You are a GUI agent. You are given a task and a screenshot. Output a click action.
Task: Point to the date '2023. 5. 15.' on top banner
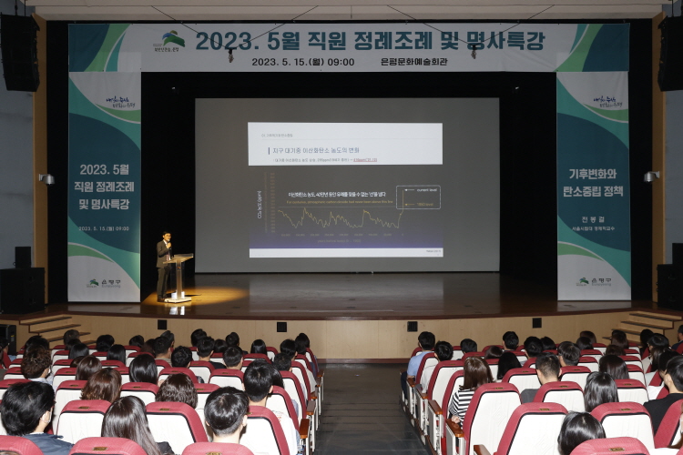[280, 62]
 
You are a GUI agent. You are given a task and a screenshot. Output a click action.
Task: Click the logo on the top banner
[173, 41]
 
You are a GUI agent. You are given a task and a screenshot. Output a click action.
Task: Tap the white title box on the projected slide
[345, 144]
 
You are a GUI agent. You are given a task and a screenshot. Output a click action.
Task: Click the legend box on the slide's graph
[418, 197]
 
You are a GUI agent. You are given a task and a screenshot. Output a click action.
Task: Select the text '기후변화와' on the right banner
[594, 174]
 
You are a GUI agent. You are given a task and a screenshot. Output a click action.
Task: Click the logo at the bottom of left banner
[105, 283]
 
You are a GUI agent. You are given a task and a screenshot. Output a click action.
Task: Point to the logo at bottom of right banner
[594, 281]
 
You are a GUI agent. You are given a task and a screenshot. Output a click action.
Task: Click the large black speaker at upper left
[19, 52]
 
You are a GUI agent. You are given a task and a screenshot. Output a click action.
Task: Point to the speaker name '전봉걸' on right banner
[593, 220]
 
